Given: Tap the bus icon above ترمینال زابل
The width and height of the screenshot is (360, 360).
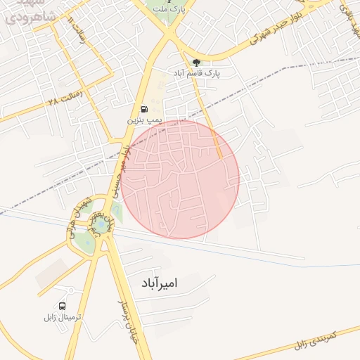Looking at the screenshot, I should click(63, 307).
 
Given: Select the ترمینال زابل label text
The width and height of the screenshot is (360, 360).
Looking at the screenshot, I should click(63, 318).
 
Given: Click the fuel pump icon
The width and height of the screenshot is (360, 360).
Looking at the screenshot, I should click(144, 109).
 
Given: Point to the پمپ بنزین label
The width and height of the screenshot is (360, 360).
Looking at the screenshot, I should click(144, 121).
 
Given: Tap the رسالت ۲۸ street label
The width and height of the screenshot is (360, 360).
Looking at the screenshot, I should click(65, 96).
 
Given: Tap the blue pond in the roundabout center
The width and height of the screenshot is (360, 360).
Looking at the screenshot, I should click(102, 225).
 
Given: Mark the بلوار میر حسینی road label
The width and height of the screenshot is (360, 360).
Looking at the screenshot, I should click(119, 169).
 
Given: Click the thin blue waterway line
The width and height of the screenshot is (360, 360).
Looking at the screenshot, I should click(42, 219).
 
